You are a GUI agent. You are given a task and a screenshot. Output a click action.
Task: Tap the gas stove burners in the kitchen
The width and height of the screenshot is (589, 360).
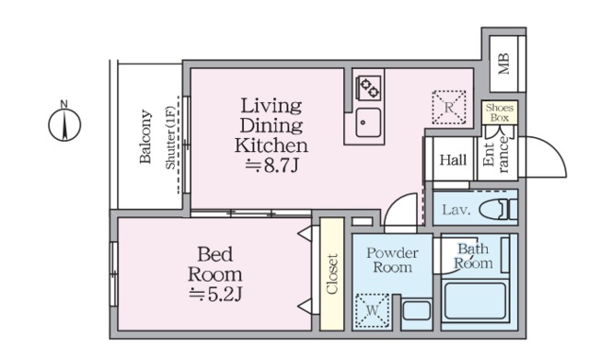[x=368, y=88]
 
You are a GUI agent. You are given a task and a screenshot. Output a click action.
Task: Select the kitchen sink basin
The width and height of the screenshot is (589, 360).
[x=368, y=122]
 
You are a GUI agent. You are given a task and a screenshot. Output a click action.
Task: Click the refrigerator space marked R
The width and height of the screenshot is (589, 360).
[x=449, y=108]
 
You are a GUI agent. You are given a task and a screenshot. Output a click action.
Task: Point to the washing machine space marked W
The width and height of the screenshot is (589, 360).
[x=372, y=310]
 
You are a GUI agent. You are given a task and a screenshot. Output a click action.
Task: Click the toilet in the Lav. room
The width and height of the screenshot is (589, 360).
[x=499, y=209]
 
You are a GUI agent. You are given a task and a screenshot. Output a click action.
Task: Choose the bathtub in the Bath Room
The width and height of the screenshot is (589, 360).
[x=475, y=301]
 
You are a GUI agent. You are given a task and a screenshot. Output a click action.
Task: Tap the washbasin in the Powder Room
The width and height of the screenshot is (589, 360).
[x=417, y=311]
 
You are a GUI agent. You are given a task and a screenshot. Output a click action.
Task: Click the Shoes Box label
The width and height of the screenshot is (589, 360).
[x=500, y=112]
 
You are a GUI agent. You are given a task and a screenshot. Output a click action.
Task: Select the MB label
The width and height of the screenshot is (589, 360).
[x=503, y=64]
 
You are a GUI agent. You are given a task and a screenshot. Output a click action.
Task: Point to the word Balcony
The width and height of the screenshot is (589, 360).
[x=145, y=136]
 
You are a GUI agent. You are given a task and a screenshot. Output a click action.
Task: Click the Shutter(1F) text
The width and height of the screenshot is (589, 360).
[x=170, y=137]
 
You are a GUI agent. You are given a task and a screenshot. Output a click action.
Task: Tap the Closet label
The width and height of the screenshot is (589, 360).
[x=332, y=274]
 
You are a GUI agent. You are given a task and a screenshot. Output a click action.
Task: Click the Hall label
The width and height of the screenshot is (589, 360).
[x=453, y=160]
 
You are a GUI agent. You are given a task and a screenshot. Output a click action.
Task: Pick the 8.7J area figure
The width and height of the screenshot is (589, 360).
[x=272, y=166]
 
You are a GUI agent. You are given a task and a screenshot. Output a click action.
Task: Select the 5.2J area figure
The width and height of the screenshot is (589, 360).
[x=215, y=295]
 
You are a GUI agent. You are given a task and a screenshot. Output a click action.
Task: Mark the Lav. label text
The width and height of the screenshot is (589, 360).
[x=456, y=210]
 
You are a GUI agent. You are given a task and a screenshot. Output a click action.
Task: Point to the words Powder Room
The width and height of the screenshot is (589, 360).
[x=392, y=260]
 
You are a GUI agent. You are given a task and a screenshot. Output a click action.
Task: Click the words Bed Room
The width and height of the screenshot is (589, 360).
[x=214, y=264]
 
